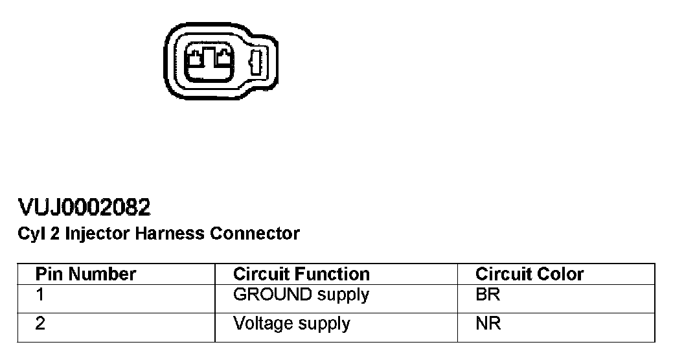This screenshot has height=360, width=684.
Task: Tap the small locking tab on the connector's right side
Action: pos(254,63)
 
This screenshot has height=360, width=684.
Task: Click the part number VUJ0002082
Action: pos(85,208)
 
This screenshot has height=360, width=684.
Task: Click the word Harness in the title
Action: pos(170,234)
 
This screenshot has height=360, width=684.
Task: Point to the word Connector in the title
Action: pos(255,234)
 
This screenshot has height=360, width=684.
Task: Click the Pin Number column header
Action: pos(85,274)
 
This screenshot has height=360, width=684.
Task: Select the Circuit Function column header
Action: pos(301,274)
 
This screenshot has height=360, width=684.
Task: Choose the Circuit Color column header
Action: pos(529,274)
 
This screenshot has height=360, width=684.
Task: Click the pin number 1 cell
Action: pos(40,295)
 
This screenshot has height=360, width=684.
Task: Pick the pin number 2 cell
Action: pos(40,323)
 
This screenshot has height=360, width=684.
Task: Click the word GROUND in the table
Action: pos(272,295)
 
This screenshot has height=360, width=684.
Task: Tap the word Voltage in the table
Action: pos(264,323)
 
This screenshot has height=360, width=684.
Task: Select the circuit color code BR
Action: pos(488,295)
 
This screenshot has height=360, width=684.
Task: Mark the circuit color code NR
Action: pos(488,323)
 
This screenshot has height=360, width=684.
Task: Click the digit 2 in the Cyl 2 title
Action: pos(54,234)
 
